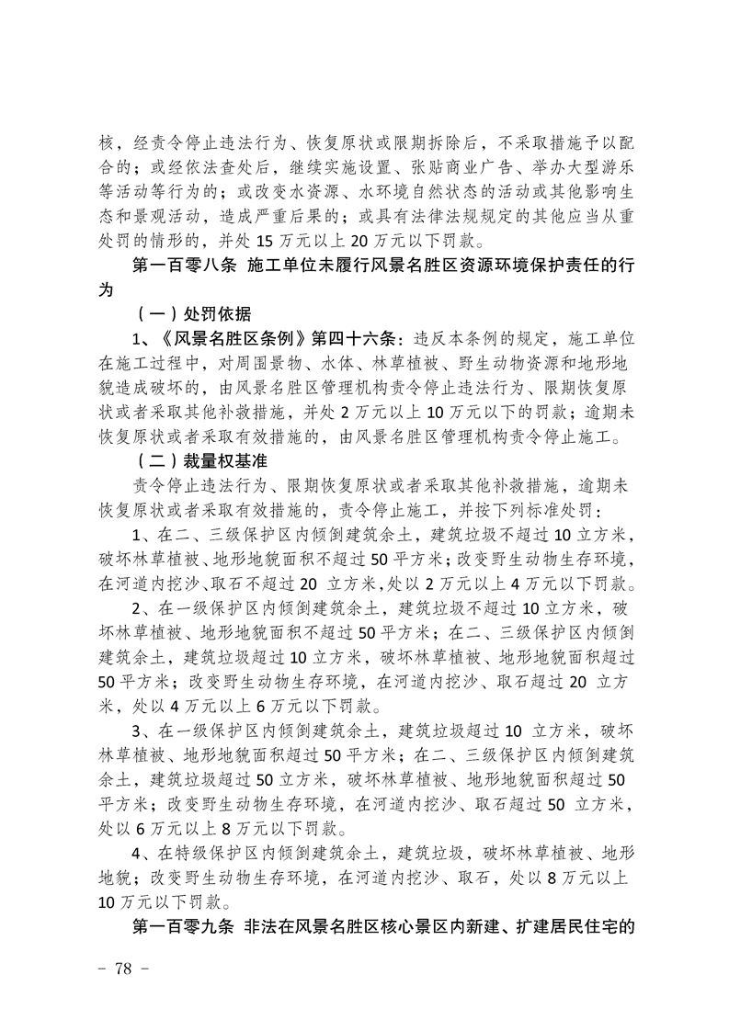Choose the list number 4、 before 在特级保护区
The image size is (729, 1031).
143,852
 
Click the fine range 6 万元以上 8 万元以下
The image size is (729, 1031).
229,828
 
